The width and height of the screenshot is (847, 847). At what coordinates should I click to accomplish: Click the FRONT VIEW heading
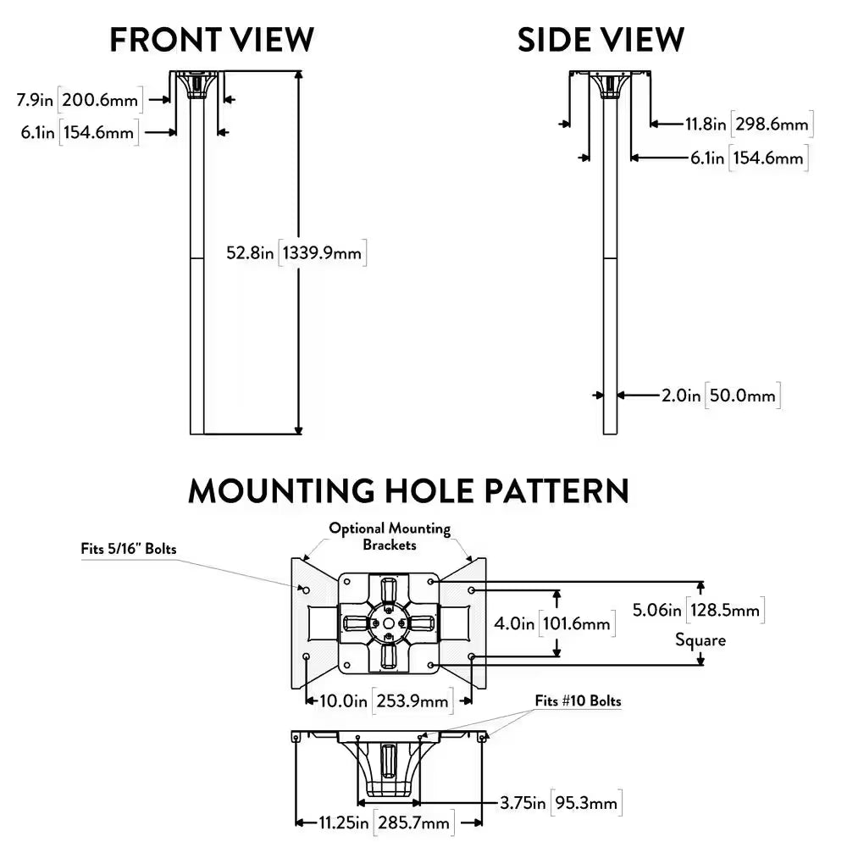pyautogui.click(x=212, y=40)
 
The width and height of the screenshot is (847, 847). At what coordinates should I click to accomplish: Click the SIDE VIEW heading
pyautogui.click(x=601, y=40)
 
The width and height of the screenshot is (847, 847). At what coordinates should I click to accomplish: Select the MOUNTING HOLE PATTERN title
pyautogui.click(x=408, y=491)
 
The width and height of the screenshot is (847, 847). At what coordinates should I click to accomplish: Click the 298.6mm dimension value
pyautogui.click(x=772, y=125)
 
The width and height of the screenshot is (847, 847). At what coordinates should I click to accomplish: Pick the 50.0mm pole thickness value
pyautogui.click(x=742, y=395)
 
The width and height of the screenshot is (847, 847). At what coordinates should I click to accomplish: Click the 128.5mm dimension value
pyautogui.click(x=730, y=609)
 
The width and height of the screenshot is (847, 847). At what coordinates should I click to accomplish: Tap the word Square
pyautogui.click(x=700, y=639)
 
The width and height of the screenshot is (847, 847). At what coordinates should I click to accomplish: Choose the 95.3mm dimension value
pyautogui.click(x=587, y=802)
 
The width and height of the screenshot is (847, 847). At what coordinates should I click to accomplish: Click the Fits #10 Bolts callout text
pyautogui.click(x=578, y=701)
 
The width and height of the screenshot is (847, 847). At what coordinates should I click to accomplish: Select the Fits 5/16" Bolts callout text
pyautogui.click(x=129, y=549)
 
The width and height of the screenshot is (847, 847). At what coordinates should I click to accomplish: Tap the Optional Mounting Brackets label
pyautogui.click(x=390, y=537)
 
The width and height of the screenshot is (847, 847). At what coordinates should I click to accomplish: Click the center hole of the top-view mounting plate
pyautogui.click(x=389, y=623)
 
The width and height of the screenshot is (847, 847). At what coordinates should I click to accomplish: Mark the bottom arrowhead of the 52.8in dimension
pyautogui.click(x=297, y=429)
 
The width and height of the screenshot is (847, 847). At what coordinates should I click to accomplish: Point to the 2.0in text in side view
pyautogui.click(x=681, y=395)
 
